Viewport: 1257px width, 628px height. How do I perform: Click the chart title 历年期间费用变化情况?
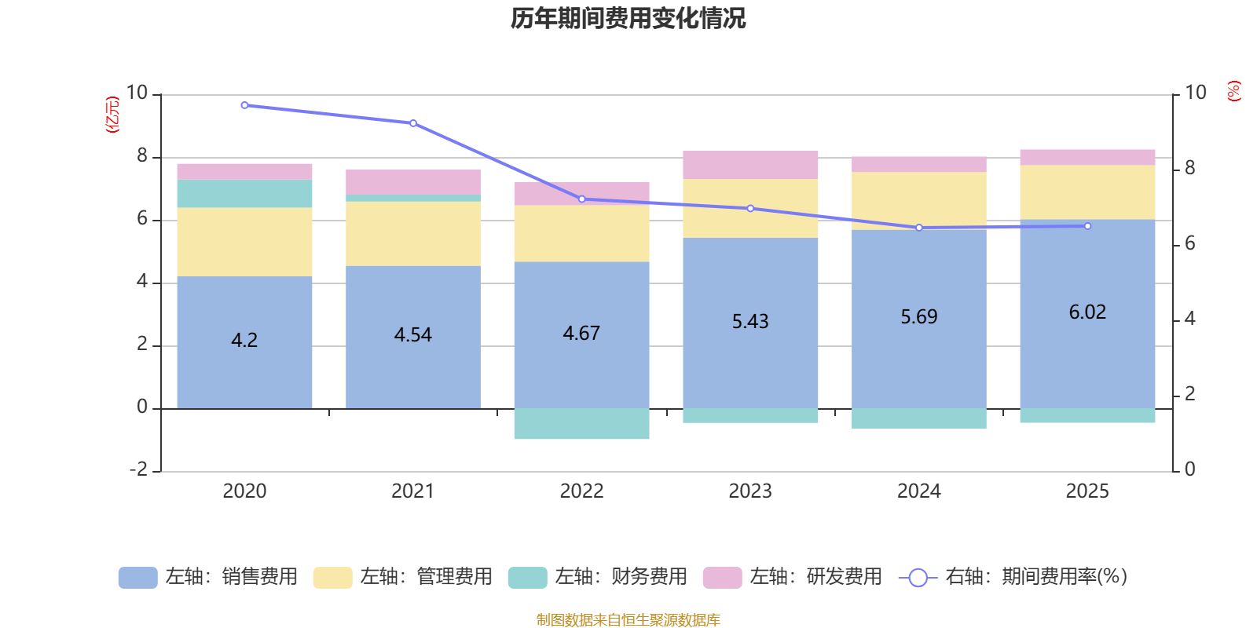628,18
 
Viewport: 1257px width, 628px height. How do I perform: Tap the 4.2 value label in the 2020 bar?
244,340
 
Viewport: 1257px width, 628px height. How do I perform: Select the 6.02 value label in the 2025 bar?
1087,312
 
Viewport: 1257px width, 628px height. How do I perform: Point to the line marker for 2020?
244,105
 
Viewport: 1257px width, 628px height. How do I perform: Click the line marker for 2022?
581,199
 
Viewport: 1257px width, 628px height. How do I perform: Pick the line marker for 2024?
919,228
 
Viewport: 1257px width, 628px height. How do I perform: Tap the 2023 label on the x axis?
750,491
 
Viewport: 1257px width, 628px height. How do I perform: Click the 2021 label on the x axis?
412,491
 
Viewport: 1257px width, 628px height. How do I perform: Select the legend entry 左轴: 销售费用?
209,577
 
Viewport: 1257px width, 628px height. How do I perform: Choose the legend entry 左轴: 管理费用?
404,577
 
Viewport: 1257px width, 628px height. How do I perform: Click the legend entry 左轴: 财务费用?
599,577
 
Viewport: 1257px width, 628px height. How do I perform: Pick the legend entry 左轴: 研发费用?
793,577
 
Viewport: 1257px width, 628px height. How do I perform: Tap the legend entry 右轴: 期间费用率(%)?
1013,577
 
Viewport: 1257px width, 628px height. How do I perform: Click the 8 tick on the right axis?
1189,168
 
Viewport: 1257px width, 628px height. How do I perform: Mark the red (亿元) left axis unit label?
112,115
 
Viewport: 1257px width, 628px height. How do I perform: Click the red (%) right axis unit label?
1233,91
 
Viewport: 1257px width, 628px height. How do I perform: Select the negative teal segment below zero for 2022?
581,424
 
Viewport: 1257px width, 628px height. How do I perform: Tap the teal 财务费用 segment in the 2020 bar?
244,194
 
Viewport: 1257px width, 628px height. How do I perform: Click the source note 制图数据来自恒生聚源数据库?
628,620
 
